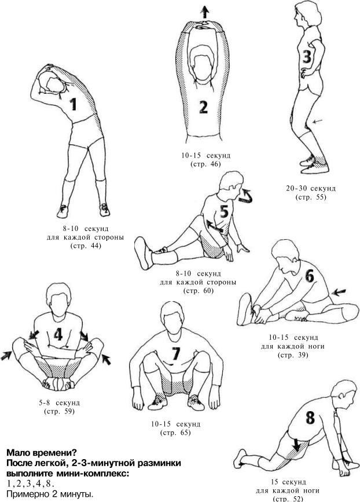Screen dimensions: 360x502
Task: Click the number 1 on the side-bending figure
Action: click(74, 104)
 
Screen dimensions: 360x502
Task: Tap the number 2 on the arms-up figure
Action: click(204, 107)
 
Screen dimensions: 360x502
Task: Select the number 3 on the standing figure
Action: click(307, 56)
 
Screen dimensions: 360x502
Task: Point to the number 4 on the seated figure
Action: click(58, 335)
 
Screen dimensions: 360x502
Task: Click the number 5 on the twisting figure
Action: click(224, 211)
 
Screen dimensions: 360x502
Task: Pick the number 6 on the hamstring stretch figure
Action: click(310, 276)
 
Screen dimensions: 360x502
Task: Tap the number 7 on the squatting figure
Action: click(175, 353)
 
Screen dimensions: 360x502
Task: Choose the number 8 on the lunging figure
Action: click(310, 417)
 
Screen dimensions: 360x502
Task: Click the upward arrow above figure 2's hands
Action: click(205, 12)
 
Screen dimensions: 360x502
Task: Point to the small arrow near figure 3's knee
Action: click(318, 121)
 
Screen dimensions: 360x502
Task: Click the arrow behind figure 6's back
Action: click(339, 292)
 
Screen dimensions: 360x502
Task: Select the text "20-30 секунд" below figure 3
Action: click(311, 188)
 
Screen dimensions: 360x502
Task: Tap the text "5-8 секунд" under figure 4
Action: click(59, 402)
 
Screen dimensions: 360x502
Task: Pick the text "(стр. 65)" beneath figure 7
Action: click(176, 433)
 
